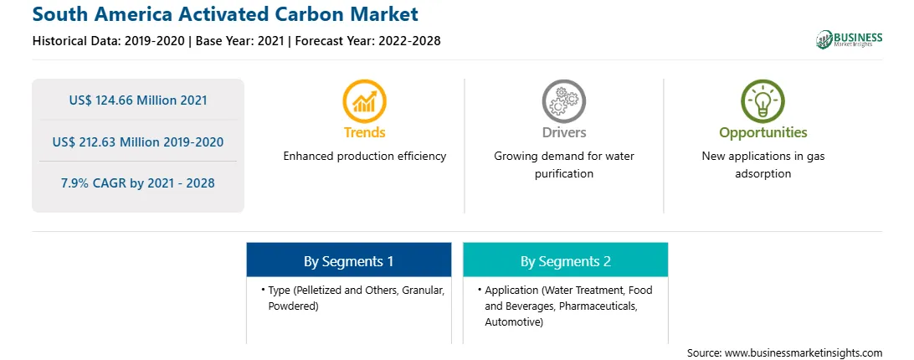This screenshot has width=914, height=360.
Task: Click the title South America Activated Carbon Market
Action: point(225,14)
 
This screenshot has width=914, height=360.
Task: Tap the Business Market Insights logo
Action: point(849,39)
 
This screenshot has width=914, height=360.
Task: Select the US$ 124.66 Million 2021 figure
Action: point(138,100)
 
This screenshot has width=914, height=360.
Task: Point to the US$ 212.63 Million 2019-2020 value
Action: point(138,141)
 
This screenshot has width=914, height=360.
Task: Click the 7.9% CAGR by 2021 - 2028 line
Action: point(138,183)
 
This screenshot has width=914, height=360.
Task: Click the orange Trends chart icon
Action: point(364,101)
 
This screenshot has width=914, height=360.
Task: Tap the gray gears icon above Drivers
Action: point(563,101)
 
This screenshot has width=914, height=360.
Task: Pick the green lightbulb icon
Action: point(763,101)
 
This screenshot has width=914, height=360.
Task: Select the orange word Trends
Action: point(364,132)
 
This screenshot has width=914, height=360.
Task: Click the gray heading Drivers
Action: point(563,132)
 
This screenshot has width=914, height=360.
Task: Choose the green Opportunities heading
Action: point(763,133)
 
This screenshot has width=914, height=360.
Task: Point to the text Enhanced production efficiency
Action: point(364,156)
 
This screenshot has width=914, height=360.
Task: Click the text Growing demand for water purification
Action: point(563,165)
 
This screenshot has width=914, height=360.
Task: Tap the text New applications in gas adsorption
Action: point(763,165)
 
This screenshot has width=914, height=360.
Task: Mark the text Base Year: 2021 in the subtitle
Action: point(240,41)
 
